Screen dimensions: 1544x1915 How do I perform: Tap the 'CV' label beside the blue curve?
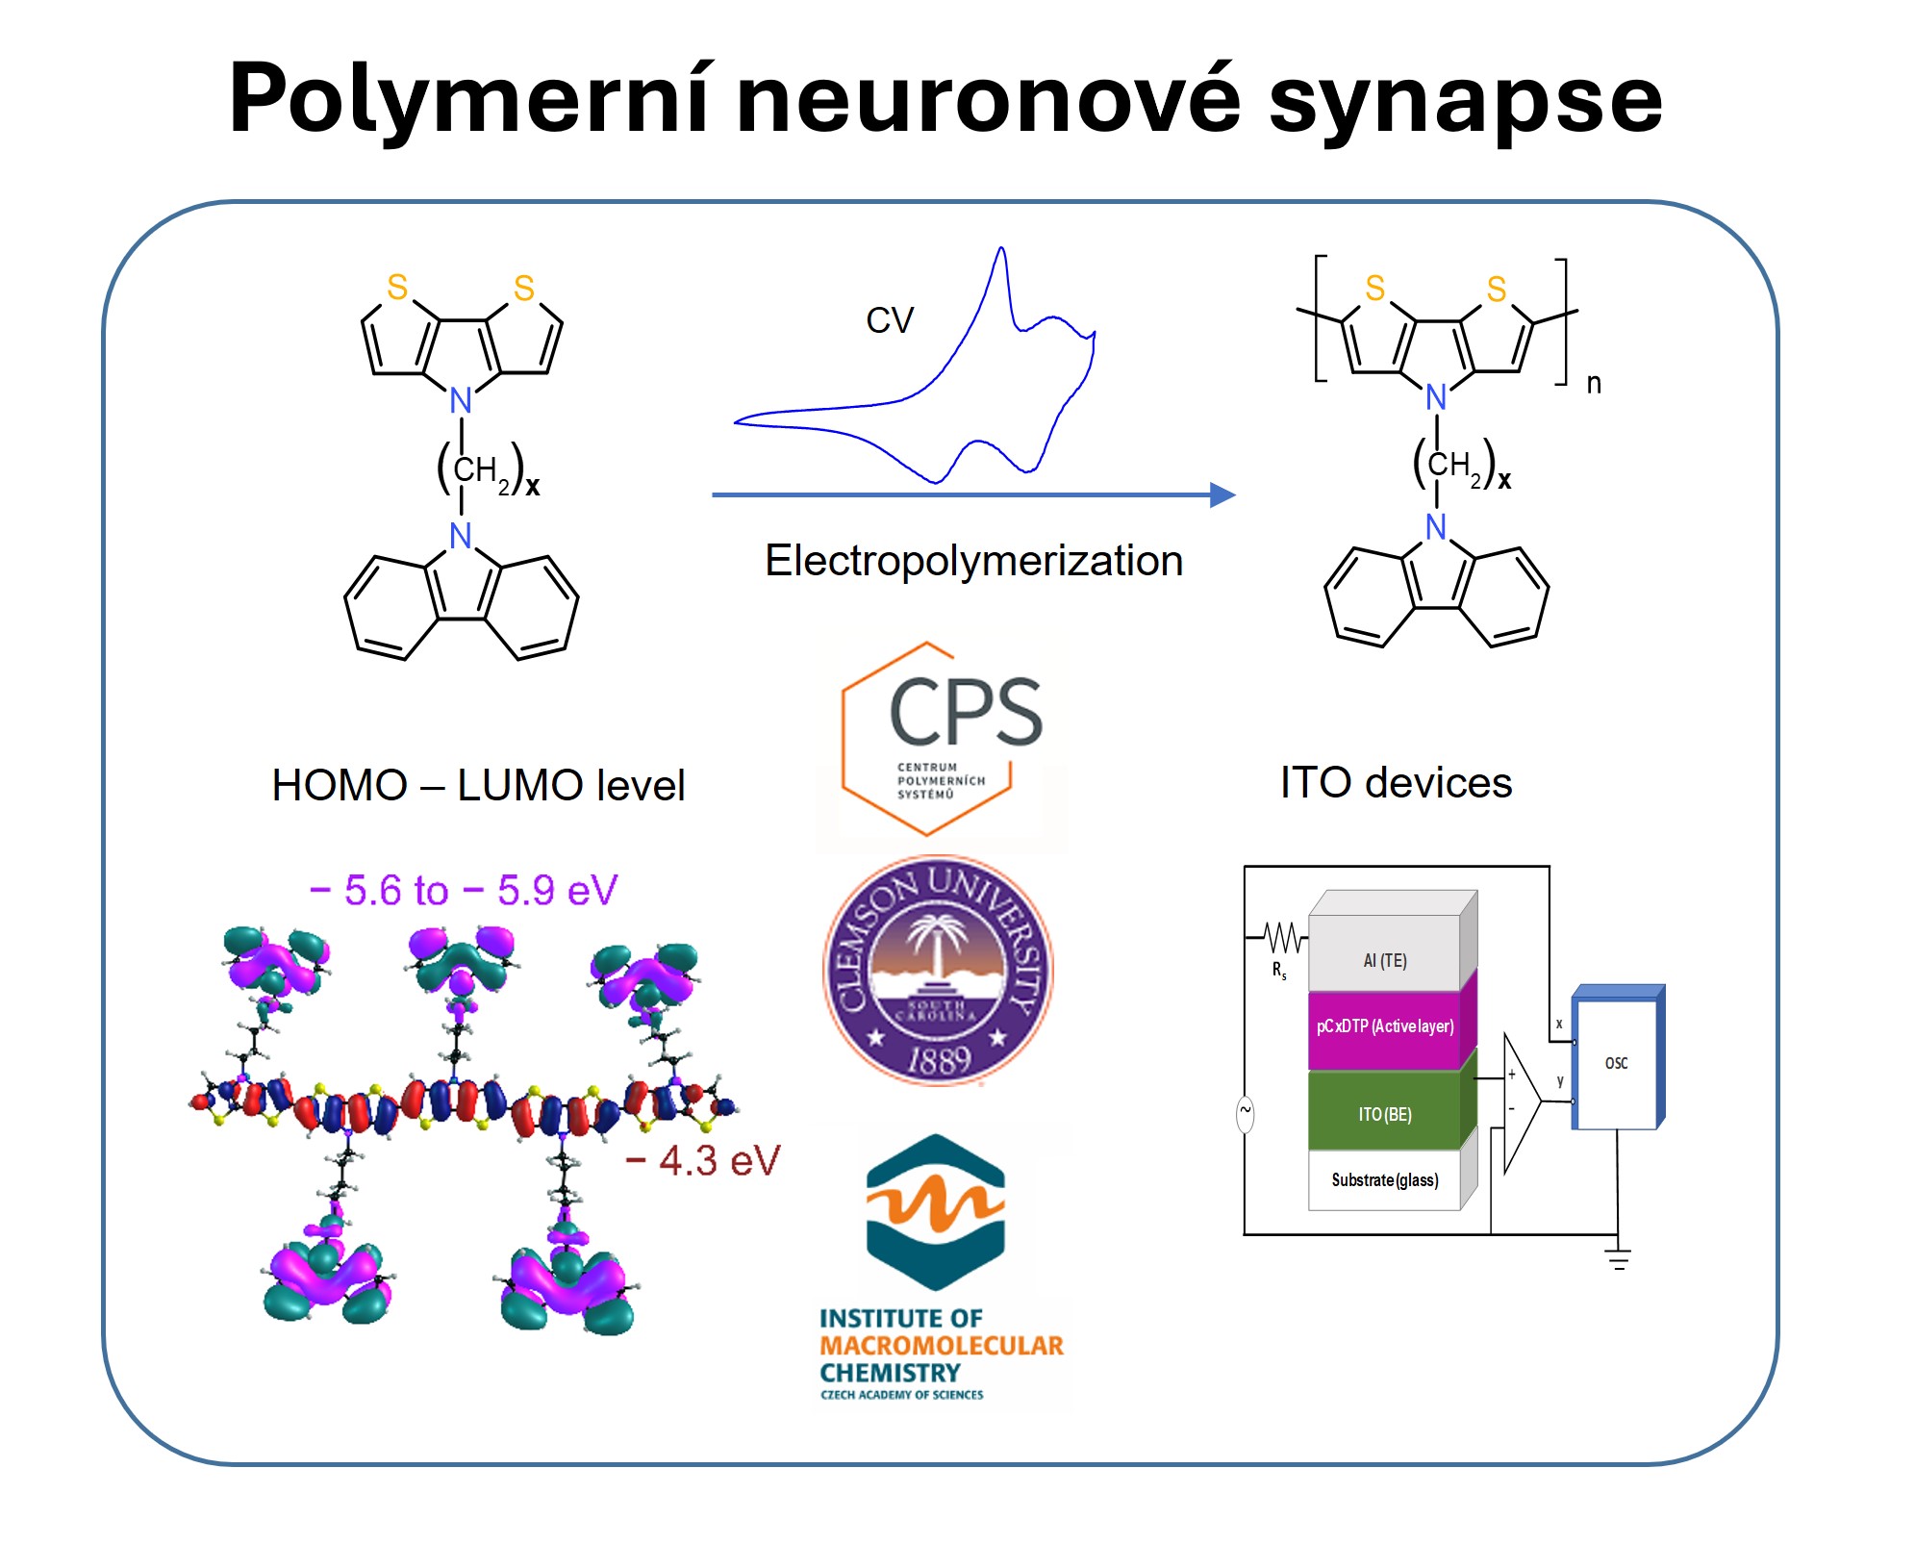[x=889, y=320]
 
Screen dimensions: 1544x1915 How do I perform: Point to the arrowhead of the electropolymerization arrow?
[x=1222, y=494]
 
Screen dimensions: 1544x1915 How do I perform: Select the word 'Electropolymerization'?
[x=973, y=561]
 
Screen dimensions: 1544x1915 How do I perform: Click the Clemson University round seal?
[x=938, y=970]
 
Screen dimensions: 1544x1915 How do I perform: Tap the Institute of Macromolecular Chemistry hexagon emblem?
[x=935, y=1212]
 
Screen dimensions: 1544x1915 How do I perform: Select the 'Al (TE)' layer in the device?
[x=1384, y=960]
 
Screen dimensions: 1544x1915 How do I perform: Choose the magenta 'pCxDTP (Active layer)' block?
[x=1384, y=1026]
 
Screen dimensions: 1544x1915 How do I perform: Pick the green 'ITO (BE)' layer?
[x=1384, y=1114]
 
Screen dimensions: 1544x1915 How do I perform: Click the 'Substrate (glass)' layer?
[x=1384, y=1180]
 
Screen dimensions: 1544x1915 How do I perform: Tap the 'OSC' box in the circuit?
[x=1616, y=1063]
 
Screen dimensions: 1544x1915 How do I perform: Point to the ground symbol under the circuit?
[x=1618, y=1258]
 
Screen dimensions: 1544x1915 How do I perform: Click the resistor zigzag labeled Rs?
[x=1284, y=936]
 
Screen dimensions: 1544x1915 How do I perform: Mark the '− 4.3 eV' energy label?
[x=703, y=1161]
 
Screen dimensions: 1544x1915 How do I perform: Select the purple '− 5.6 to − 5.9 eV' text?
[x=464, y=891]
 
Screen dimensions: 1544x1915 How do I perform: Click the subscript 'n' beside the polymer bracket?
[x=1594, y=384]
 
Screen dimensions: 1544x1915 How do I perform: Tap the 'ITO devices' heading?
[x=1396, y=783]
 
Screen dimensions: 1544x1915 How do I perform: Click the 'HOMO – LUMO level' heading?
[x=478, y=786]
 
